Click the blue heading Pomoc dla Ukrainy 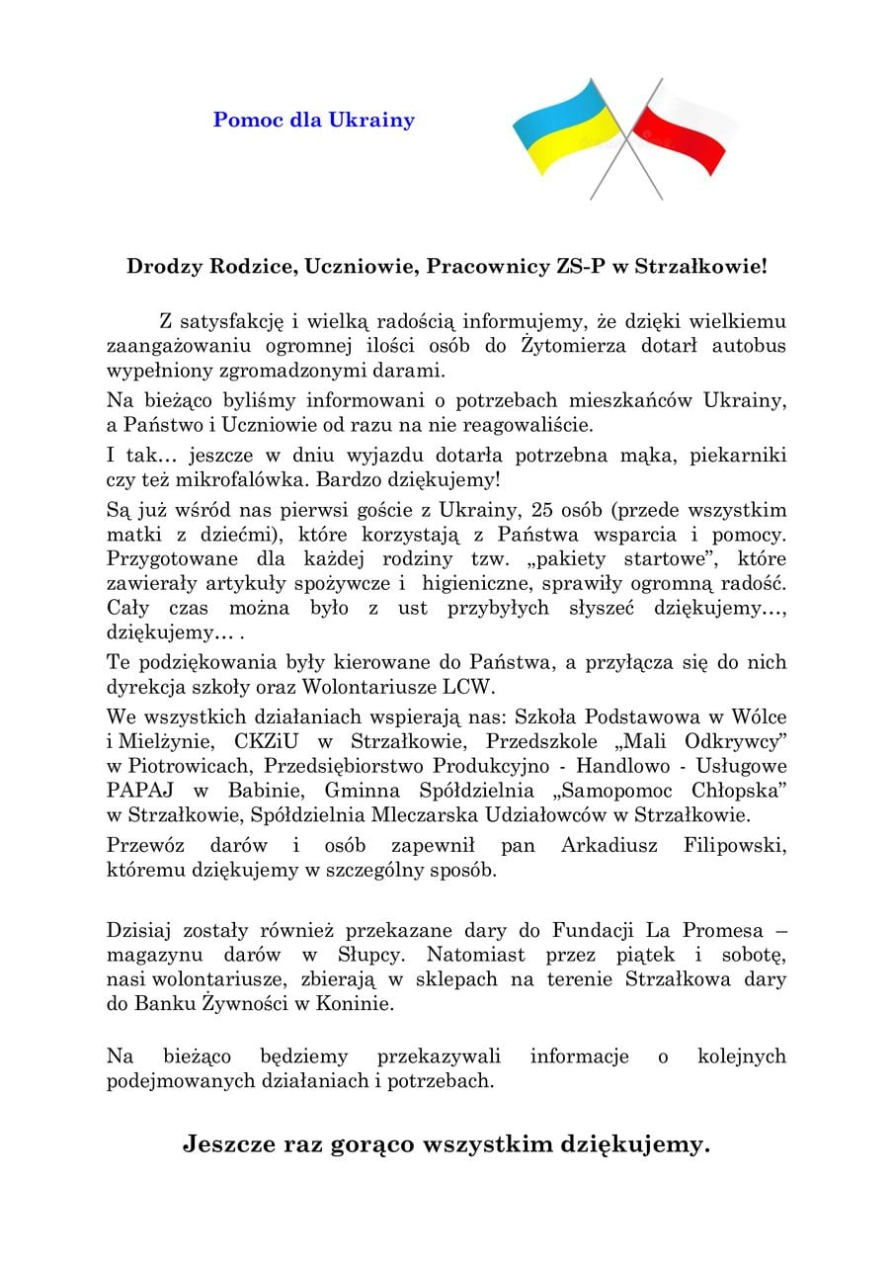[314, 121]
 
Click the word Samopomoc [631, 792]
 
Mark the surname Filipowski [735, 847]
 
